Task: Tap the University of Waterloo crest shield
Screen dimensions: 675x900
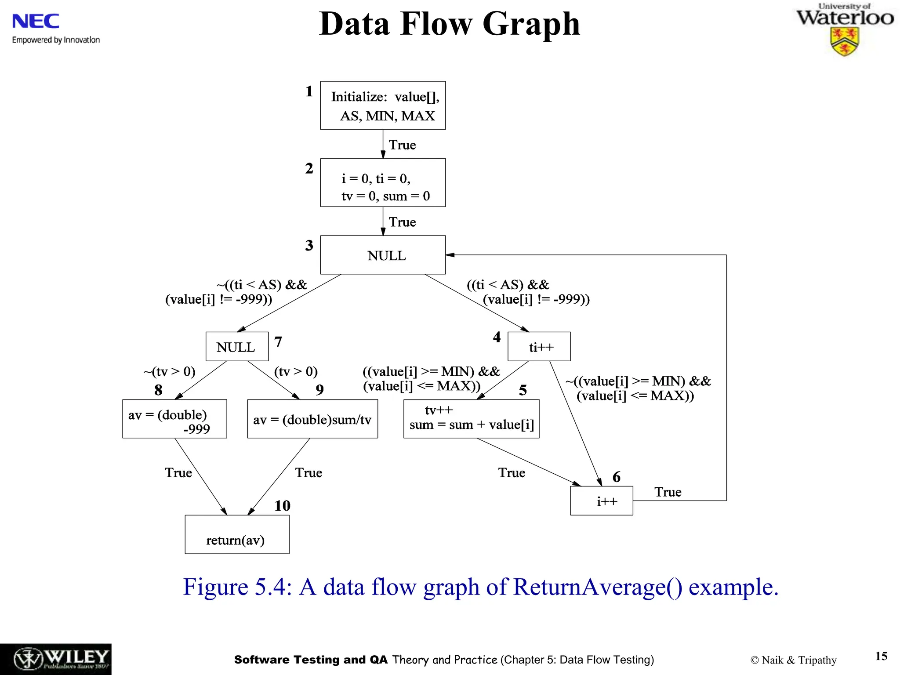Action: pyautogui.click(x=844, y=42)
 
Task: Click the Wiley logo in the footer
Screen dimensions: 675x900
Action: pyautogui.click(x=56, y=659)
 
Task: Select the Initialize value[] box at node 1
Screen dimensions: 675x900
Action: pyautogui.click(x=383, y=105)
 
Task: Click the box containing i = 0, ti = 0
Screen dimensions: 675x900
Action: pyautogui.click(x=383, y=183)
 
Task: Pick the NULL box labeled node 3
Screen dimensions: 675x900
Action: pyautogui.click(x=383, y=255)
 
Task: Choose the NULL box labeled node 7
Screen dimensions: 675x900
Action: pyautogui.click(x=237, y=347)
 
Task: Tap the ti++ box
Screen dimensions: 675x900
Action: pyautogui.click(x=539, y=347)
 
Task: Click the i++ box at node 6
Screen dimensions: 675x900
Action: pyautogui.click(x=601, y=501)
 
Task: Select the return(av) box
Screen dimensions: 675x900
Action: pyautogui.click(x=237, y=534)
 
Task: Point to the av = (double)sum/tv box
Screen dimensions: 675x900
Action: pyautogui.click(x=312, y=419)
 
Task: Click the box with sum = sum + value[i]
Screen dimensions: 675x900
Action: pyautogui.click(x=471, y=419)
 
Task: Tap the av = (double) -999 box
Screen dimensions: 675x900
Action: pyautogui.click(x=174, y=419)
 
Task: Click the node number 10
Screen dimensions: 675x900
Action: pyautogui.click(x=282, y=506)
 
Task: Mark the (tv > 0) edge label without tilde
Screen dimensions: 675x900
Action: pyautogui.click(x=296, y=372)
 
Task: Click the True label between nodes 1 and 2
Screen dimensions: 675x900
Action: pyautogui.click(x=402, y=145)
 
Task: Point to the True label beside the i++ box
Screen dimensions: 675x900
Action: pyautogui.click(x=668, y=492)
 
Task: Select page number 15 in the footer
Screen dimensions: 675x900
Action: pyautogui.click(x=881, y=656)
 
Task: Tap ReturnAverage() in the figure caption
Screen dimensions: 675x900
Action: pyautogui.click(x=598, y=587)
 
